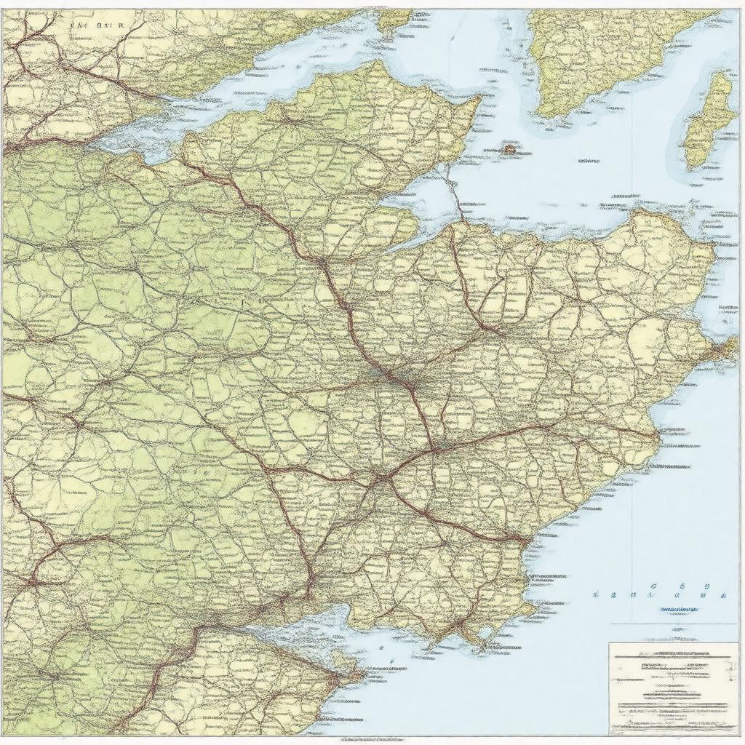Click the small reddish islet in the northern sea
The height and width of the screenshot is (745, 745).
[x=509, y=149]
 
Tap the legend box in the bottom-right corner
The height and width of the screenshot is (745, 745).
[x=672, y=688]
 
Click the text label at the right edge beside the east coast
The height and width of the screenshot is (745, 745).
[x=728, y=308]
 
